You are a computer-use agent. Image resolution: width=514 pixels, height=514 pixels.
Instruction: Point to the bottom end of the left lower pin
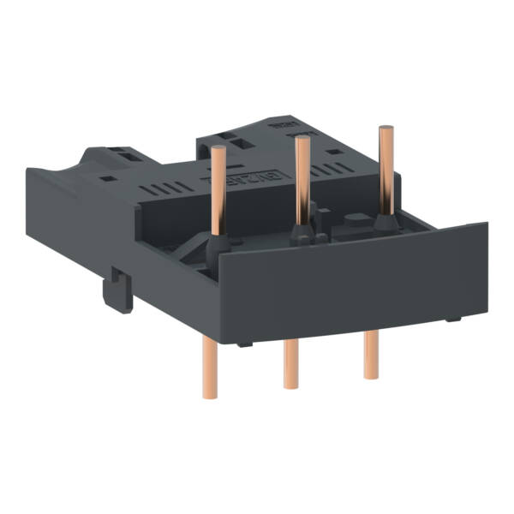(x=210, y=395)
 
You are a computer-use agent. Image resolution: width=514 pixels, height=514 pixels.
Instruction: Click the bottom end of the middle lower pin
(x=289, y=386)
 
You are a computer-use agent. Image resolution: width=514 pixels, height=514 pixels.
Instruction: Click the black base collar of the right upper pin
(x=381, y=225)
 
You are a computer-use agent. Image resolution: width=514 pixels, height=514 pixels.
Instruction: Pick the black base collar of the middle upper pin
(x=301, y=235)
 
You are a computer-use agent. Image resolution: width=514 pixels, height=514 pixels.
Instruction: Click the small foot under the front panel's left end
(x=245, y=344)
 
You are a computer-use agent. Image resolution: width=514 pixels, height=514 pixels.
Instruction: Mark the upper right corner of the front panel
(x=487, y=224)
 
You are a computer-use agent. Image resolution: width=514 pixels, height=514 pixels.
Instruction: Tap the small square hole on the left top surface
(x=108, y=178)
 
